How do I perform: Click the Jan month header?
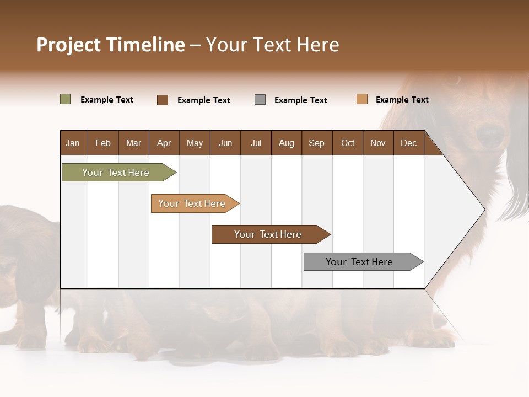tap(73, 143)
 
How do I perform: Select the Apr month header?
tap(164, 143)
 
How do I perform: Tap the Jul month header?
tap(256, 143)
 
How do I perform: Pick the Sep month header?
tap(316, 143)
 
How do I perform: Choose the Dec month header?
tap(408, 143)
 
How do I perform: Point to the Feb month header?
tap(103, 143)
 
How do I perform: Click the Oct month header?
tap(348, 143)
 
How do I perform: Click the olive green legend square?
tap(65, 99)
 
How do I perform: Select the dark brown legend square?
tap(163, 100)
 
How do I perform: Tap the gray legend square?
tap(260, 100)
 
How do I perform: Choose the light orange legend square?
tap(361, 99)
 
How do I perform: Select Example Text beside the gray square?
tap(300, 100)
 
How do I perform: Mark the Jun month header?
tap(225, 143)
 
